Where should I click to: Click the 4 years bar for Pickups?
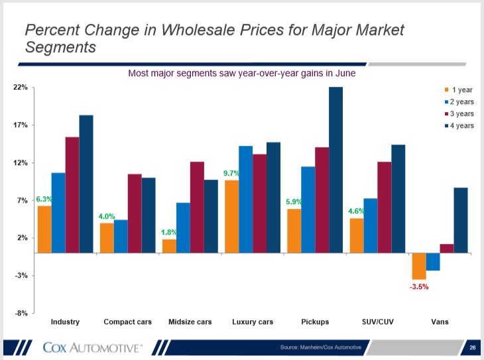click(x=335, y=170)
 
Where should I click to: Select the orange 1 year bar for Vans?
click(x=419, y=266)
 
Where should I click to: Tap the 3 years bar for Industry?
click(x=72, y=195)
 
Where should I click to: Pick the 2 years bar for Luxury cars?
click(x=245, y=199)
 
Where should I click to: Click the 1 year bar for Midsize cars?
click(x=169, y=246)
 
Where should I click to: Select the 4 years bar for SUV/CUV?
click(x=398, y=199)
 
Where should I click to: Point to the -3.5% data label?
click(x=418, y=287)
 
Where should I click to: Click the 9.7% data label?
click(x=231, y=174)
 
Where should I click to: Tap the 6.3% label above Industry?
click(x=44, y=199)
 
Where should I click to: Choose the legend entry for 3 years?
click(x=458, y=114)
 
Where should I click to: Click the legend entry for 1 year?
click(x=458, y=90)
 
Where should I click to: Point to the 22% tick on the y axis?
click(x=19, y=88)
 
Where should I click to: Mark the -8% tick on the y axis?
click(x=20, y=313)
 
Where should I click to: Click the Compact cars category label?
click(x=127, y=322)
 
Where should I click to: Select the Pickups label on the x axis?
click(x=315, y=322)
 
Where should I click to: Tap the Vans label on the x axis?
click(x=439, y=322)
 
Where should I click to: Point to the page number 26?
click(x=472, y=347)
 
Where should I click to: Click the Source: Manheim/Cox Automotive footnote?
click(x=320, y=347)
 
